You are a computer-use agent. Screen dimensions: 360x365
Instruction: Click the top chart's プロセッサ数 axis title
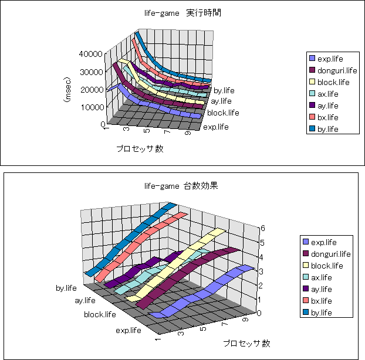click(x=140, y=148)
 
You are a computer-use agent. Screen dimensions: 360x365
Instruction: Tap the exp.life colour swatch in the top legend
click(x=312, y=59)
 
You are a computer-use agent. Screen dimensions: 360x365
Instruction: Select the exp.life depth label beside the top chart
click(x=215, y=127)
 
